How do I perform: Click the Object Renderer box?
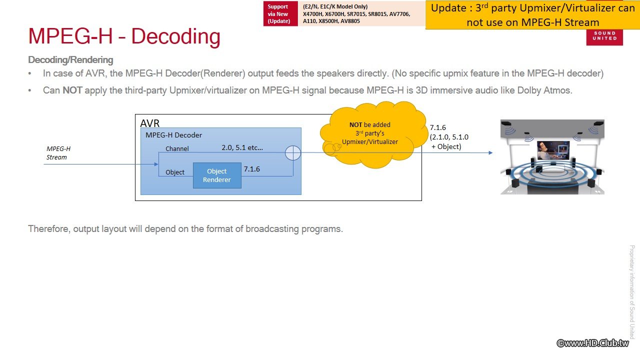tap(217, 175)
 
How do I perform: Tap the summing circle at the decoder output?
tap(293, 153)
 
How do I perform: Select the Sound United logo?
tap(604, 36)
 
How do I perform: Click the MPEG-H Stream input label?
tap(58, 153)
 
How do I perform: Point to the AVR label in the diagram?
tap(149, 123)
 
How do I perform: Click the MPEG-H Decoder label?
tap(173, 135)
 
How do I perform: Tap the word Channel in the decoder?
tap(177, 148)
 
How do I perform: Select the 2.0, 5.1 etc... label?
tap(242, 147)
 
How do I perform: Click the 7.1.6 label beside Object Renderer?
tap(251, 169)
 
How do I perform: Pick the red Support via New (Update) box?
tap(280, 13)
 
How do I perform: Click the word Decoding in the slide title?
tap(175, 36)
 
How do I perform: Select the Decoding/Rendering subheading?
tap(70, 60)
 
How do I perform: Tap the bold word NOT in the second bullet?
tap(72, 90)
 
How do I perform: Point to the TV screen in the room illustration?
tap(553, 150)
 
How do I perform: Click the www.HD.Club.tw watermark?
tap(593, 343)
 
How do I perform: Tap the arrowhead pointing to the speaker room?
tap(490, 153)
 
